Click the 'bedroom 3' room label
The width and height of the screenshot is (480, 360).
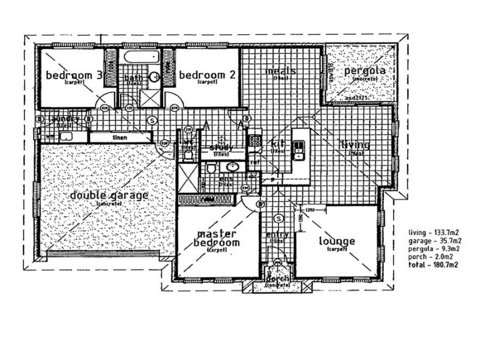74,75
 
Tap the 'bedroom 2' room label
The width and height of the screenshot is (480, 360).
206,75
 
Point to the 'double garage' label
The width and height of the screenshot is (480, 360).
109,196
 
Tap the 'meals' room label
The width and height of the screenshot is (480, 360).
281,71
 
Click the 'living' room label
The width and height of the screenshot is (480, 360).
355,145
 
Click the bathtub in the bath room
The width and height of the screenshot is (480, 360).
139,58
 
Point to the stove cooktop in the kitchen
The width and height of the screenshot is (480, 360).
254,142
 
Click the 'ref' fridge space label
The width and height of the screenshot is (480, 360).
254,162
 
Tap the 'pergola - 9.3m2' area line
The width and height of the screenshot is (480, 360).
433,248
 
